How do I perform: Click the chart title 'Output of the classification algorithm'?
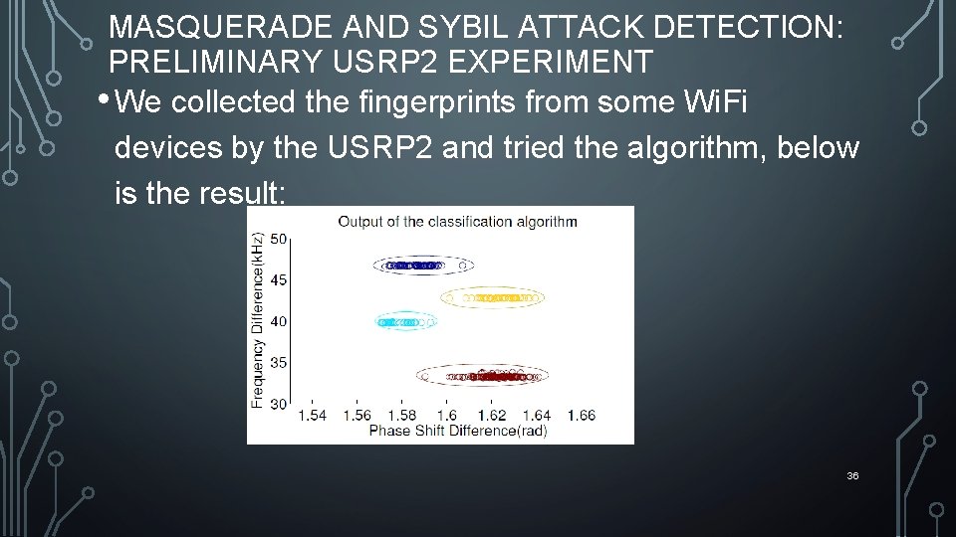coord(457,221)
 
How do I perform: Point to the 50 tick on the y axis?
coord(278,239)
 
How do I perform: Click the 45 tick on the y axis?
coord(278,280)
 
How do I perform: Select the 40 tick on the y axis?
coord(278,321)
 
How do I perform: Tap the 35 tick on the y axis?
coord(278,362)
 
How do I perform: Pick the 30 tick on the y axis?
coord(278,403)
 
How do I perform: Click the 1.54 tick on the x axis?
coord(313,415)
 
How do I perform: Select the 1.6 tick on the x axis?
coord(447,415)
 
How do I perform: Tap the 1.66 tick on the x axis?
coord(580,415)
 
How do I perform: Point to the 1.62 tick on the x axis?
coord(492,415)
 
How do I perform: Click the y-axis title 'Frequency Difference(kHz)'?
coord(258,320)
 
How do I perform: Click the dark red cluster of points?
coord(483,376)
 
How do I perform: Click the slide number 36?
coord(852,476)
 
